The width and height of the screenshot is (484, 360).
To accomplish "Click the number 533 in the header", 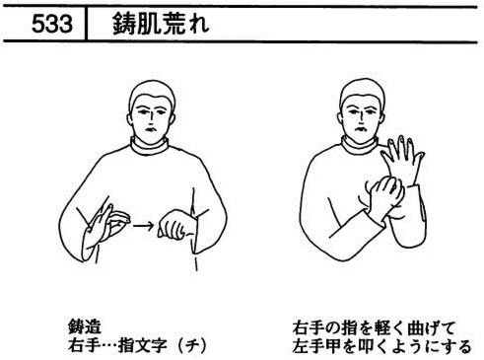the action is point(52,24).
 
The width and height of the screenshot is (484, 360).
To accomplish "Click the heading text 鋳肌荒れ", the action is point(161,24).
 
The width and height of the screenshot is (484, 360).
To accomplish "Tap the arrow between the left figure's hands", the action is point(143,226).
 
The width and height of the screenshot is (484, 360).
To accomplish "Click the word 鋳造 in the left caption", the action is point(85,326).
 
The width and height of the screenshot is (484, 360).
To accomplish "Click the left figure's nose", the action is point(151,116).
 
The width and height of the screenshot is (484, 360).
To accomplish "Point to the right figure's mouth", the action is point(361,128).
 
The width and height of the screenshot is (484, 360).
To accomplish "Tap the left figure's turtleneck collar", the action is point(150,146).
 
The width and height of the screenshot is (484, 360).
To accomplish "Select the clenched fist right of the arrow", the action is point(175,224).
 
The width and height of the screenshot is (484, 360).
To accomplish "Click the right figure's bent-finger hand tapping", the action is point(384,195).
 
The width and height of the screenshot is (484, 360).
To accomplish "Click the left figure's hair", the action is point(152,93).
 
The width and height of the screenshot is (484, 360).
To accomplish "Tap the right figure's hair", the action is point(363,91).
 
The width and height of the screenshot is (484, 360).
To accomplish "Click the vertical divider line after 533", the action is point(86,24).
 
